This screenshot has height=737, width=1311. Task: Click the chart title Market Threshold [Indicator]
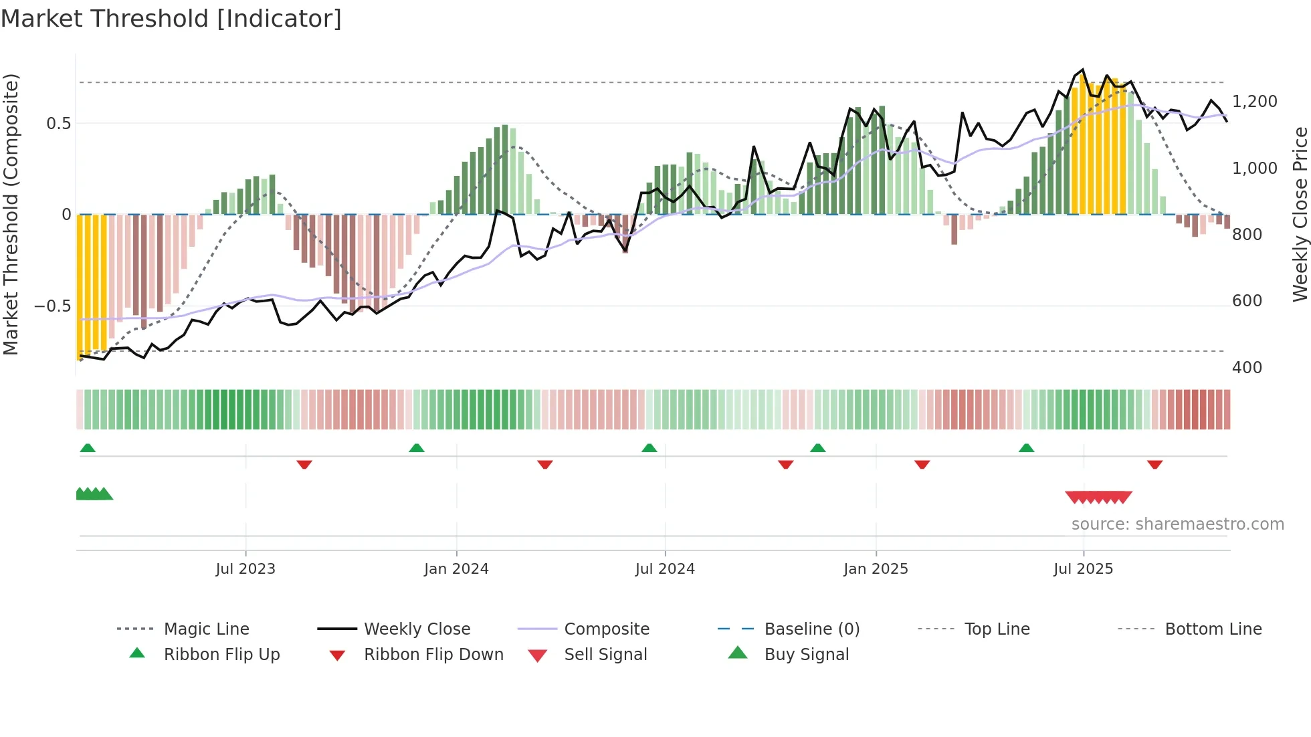[x=171, y=19]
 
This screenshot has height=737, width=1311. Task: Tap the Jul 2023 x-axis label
[x=245, y=569]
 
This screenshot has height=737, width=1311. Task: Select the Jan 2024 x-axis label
[x=456, y=569]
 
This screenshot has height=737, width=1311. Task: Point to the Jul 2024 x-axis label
[x=665, y=569]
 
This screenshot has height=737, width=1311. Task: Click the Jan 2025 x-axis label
[x=876, y=569]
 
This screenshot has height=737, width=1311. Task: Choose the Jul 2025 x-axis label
[x=1083, y=569]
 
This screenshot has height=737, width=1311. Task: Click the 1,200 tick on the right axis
[x=1254, y=102]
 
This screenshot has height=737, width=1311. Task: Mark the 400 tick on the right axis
[x=1247, y=368]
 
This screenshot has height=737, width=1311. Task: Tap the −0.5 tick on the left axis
[x=52, y=306]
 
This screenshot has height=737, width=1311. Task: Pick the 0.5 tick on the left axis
[x=58, y=124]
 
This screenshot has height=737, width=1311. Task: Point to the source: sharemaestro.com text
[x=1177, y=524]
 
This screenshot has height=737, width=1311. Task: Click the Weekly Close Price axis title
[x=1300, y=214]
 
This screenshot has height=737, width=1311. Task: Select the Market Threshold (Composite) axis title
[x=11, y=214]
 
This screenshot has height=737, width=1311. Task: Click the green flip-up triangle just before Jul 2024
[x=649, y=448]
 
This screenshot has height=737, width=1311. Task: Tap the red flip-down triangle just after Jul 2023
[x=304, y=464]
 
